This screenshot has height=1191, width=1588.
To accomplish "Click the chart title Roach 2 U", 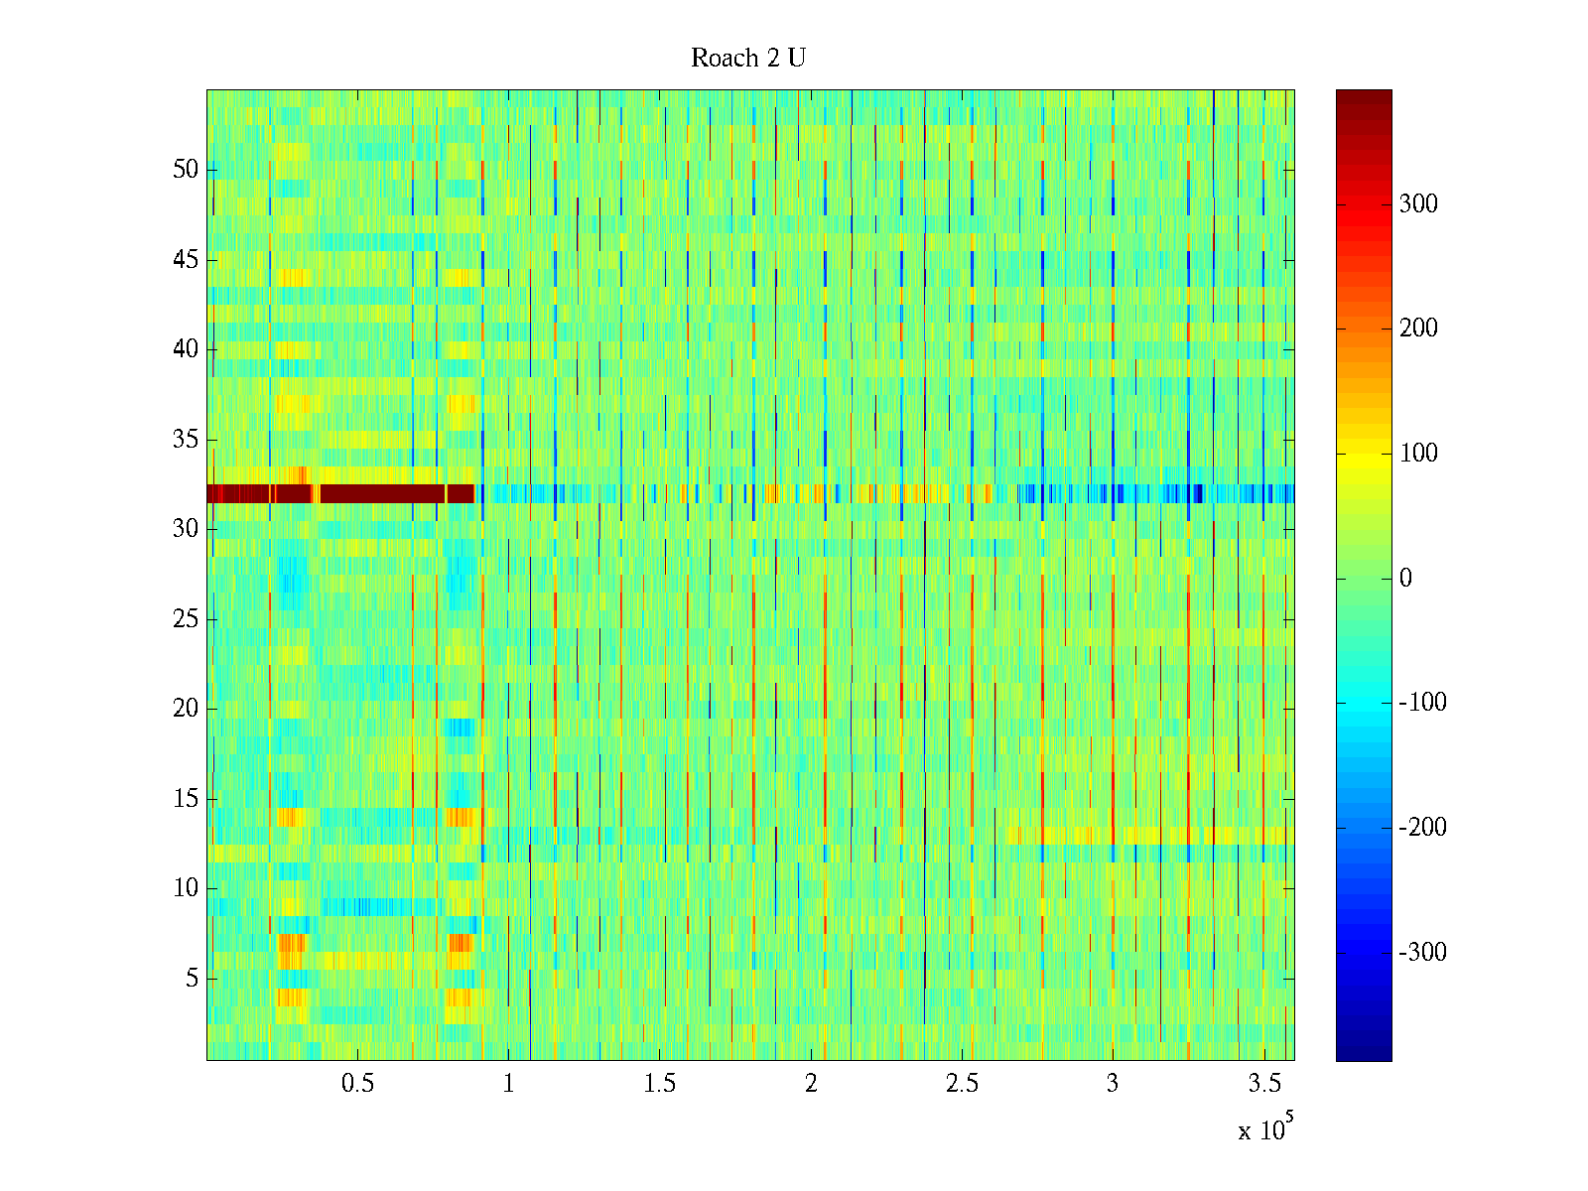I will tap(748, 59).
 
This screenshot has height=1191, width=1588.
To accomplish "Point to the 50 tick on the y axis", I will tap(186, 170).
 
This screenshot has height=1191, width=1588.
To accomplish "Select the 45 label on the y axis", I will tap(186, 260).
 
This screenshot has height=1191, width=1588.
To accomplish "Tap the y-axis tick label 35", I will tap(186, 440).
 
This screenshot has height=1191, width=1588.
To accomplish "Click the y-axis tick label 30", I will tap(186, 529).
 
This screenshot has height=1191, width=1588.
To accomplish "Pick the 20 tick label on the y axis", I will tap(186, 709).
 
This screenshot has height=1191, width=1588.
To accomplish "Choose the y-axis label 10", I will tap(186, 888).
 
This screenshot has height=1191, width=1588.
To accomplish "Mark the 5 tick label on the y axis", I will tap(192, 979).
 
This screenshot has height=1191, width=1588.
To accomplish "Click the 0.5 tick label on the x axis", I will tap(357, 1084).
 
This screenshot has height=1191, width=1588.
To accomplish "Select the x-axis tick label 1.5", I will tap(659, 1084).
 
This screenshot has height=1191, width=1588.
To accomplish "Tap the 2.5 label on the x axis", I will tap(961, 1084).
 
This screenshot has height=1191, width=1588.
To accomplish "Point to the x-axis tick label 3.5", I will tap(1263, 1084).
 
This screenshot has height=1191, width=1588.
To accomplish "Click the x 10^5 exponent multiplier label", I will tap(1265, 1128).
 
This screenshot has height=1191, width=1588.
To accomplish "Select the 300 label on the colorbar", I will tap(1418, 204).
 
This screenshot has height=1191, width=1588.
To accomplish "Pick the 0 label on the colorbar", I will tap(1405, 579).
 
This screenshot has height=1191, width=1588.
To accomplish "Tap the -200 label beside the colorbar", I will tap(1422, 828).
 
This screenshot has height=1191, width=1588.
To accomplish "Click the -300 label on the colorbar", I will tap(1422, 953).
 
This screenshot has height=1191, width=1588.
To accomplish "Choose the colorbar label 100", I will tap(1418, 454).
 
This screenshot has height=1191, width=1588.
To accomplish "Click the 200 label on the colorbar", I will tap(1418, 329).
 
